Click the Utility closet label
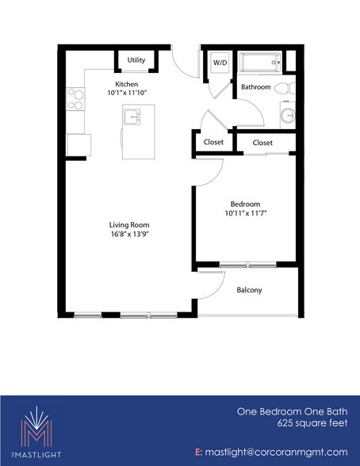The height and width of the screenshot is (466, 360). (136, 60)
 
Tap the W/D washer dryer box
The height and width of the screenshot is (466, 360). (219, 63)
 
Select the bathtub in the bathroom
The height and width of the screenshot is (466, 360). (258, 63)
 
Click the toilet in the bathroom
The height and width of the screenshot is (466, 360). (291, 86)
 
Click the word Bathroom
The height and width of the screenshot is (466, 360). (256, 87)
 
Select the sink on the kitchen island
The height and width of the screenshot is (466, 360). (132, 118)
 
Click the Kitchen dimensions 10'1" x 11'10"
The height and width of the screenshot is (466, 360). (127, 94)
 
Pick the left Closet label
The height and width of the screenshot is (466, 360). (213, 143)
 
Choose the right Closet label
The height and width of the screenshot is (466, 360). (262, 143)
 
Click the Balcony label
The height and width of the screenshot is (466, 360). (250, 290)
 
